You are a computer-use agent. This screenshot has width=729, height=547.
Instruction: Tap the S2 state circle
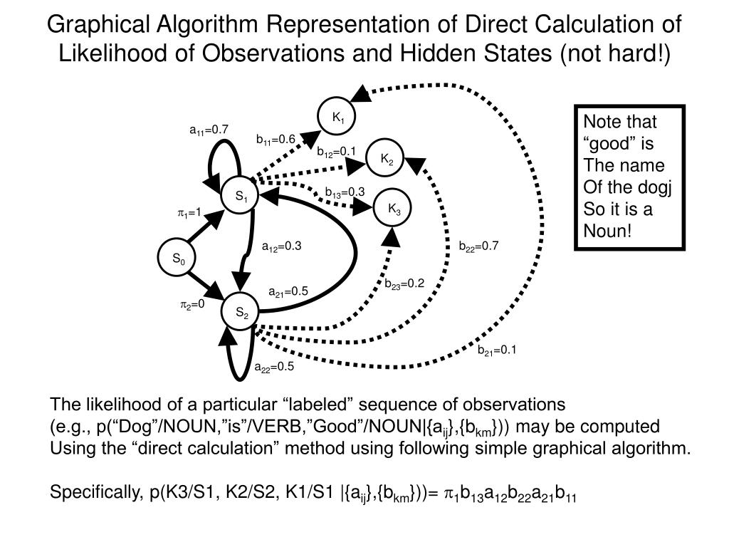point(242,312)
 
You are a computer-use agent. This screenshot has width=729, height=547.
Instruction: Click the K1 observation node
point(339,117)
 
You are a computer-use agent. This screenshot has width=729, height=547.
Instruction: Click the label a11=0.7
point(209,130)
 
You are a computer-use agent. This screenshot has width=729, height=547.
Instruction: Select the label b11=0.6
point(276,139)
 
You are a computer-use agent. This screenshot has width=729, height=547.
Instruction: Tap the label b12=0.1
point(336,151)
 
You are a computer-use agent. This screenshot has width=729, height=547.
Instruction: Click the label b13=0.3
point(345,192)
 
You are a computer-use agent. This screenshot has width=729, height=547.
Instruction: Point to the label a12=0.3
point(282,246)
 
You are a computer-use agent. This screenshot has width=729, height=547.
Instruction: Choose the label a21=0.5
point(288,291)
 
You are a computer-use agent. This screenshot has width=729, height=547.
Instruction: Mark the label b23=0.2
point(404,283)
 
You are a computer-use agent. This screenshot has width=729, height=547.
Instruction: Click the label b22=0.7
point(479,246)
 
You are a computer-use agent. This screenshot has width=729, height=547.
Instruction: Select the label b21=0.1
point(496,350)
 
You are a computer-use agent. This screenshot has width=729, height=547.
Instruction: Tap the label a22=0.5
point(274,368)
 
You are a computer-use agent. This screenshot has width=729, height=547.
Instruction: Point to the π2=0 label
point(192,305)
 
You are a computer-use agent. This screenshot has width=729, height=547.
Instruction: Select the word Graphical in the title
point(93,25)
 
